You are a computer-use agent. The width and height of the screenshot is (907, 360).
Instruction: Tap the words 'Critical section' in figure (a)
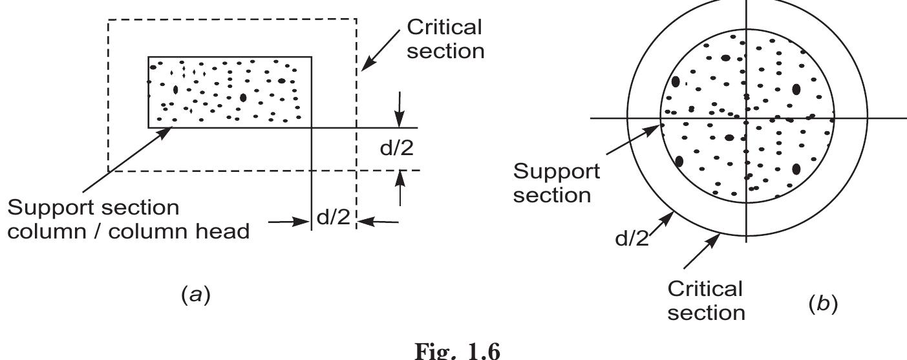(x=445, y=39)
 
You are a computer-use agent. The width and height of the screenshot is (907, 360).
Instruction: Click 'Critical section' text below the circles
(x=705, y=301)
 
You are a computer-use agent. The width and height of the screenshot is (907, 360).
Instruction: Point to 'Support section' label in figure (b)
(x=556, y=183)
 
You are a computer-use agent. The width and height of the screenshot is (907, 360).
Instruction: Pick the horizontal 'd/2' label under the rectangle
(x=332, y=218)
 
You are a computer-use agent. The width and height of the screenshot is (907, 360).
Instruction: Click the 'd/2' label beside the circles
(x=631, y=239)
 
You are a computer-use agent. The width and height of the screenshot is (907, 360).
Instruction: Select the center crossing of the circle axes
(x=747, y=119)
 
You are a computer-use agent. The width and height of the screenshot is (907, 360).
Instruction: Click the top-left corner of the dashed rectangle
(x=108, y=20)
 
